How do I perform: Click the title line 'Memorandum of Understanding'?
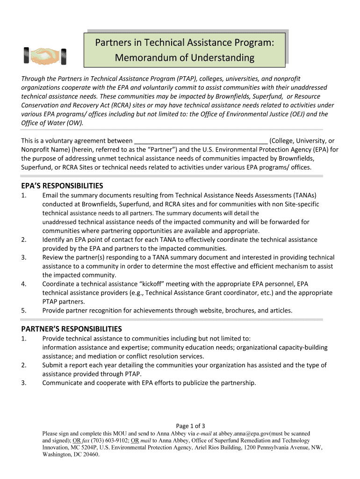click(x=184, y=58)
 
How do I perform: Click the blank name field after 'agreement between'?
click(x=201, y=140)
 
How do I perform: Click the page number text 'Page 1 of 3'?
click(x=190, y=426)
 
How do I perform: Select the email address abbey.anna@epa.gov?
click(x=246, y=434)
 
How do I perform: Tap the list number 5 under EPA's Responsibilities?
click(x=24, y=310)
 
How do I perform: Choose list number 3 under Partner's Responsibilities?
click(x=24, y=383)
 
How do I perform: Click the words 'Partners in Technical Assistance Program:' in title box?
click(x=184, y=43)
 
